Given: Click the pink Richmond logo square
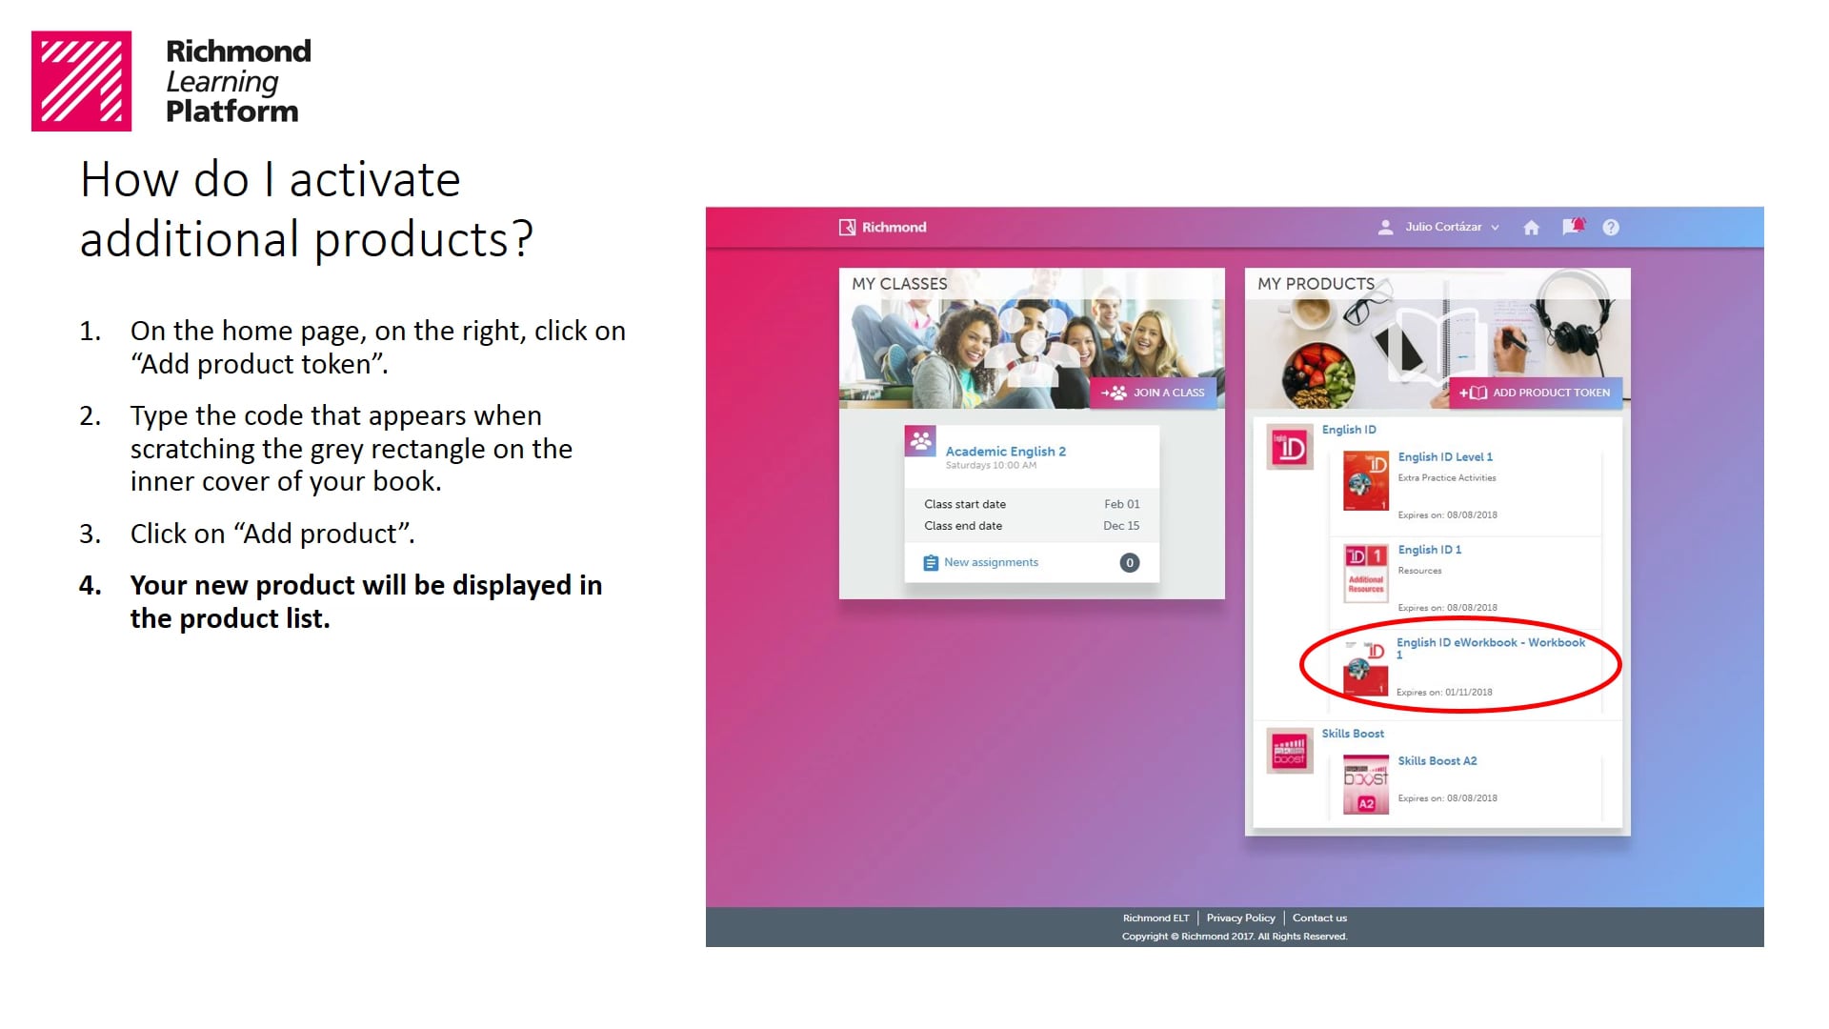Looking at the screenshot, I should coord(81,81).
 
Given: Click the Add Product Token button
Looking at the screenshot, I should coord(1535,393).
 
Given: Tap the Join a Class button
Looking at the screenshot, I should coord(1154,393).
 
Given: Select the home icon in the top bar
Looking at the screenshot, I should coord(1531,228).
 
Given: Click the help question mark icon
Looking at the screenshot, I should coord(1610,228).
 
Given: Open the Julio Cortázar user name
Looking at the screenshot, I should coord(1442,227).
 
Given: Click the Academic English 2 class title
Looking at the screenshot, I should coord(1005,452).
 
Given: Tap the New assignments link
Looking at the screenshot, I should coord(991,562).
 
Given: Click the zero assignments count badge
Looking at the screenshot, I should coord(1129,563).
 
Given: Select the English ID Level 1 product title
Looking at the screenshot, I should coord(1444,457).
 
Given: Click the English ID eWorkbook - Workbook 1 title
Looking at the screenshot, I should coord(1490,643).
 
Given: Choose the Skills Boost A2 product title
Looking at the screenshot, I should coord(1437,761).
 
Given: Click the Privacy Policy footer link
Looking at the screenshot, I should coord(1240,918).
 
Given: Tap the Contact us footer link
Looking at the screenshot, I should coord(1319,918).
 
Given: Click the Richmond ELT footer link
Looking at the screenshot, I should coord(1156,918).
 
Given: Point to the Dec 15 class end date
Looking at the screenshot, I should coord(1120,526).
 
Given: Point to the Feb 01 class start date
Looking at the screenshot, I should coord(1121,504).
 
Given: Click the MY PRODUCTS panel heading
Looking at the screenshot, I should coord(1316,284).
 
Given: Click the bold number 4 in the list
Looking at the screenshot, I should coord(90,585).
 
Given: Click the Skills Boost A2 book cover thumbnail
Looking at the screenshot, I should coord(1365,785).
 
